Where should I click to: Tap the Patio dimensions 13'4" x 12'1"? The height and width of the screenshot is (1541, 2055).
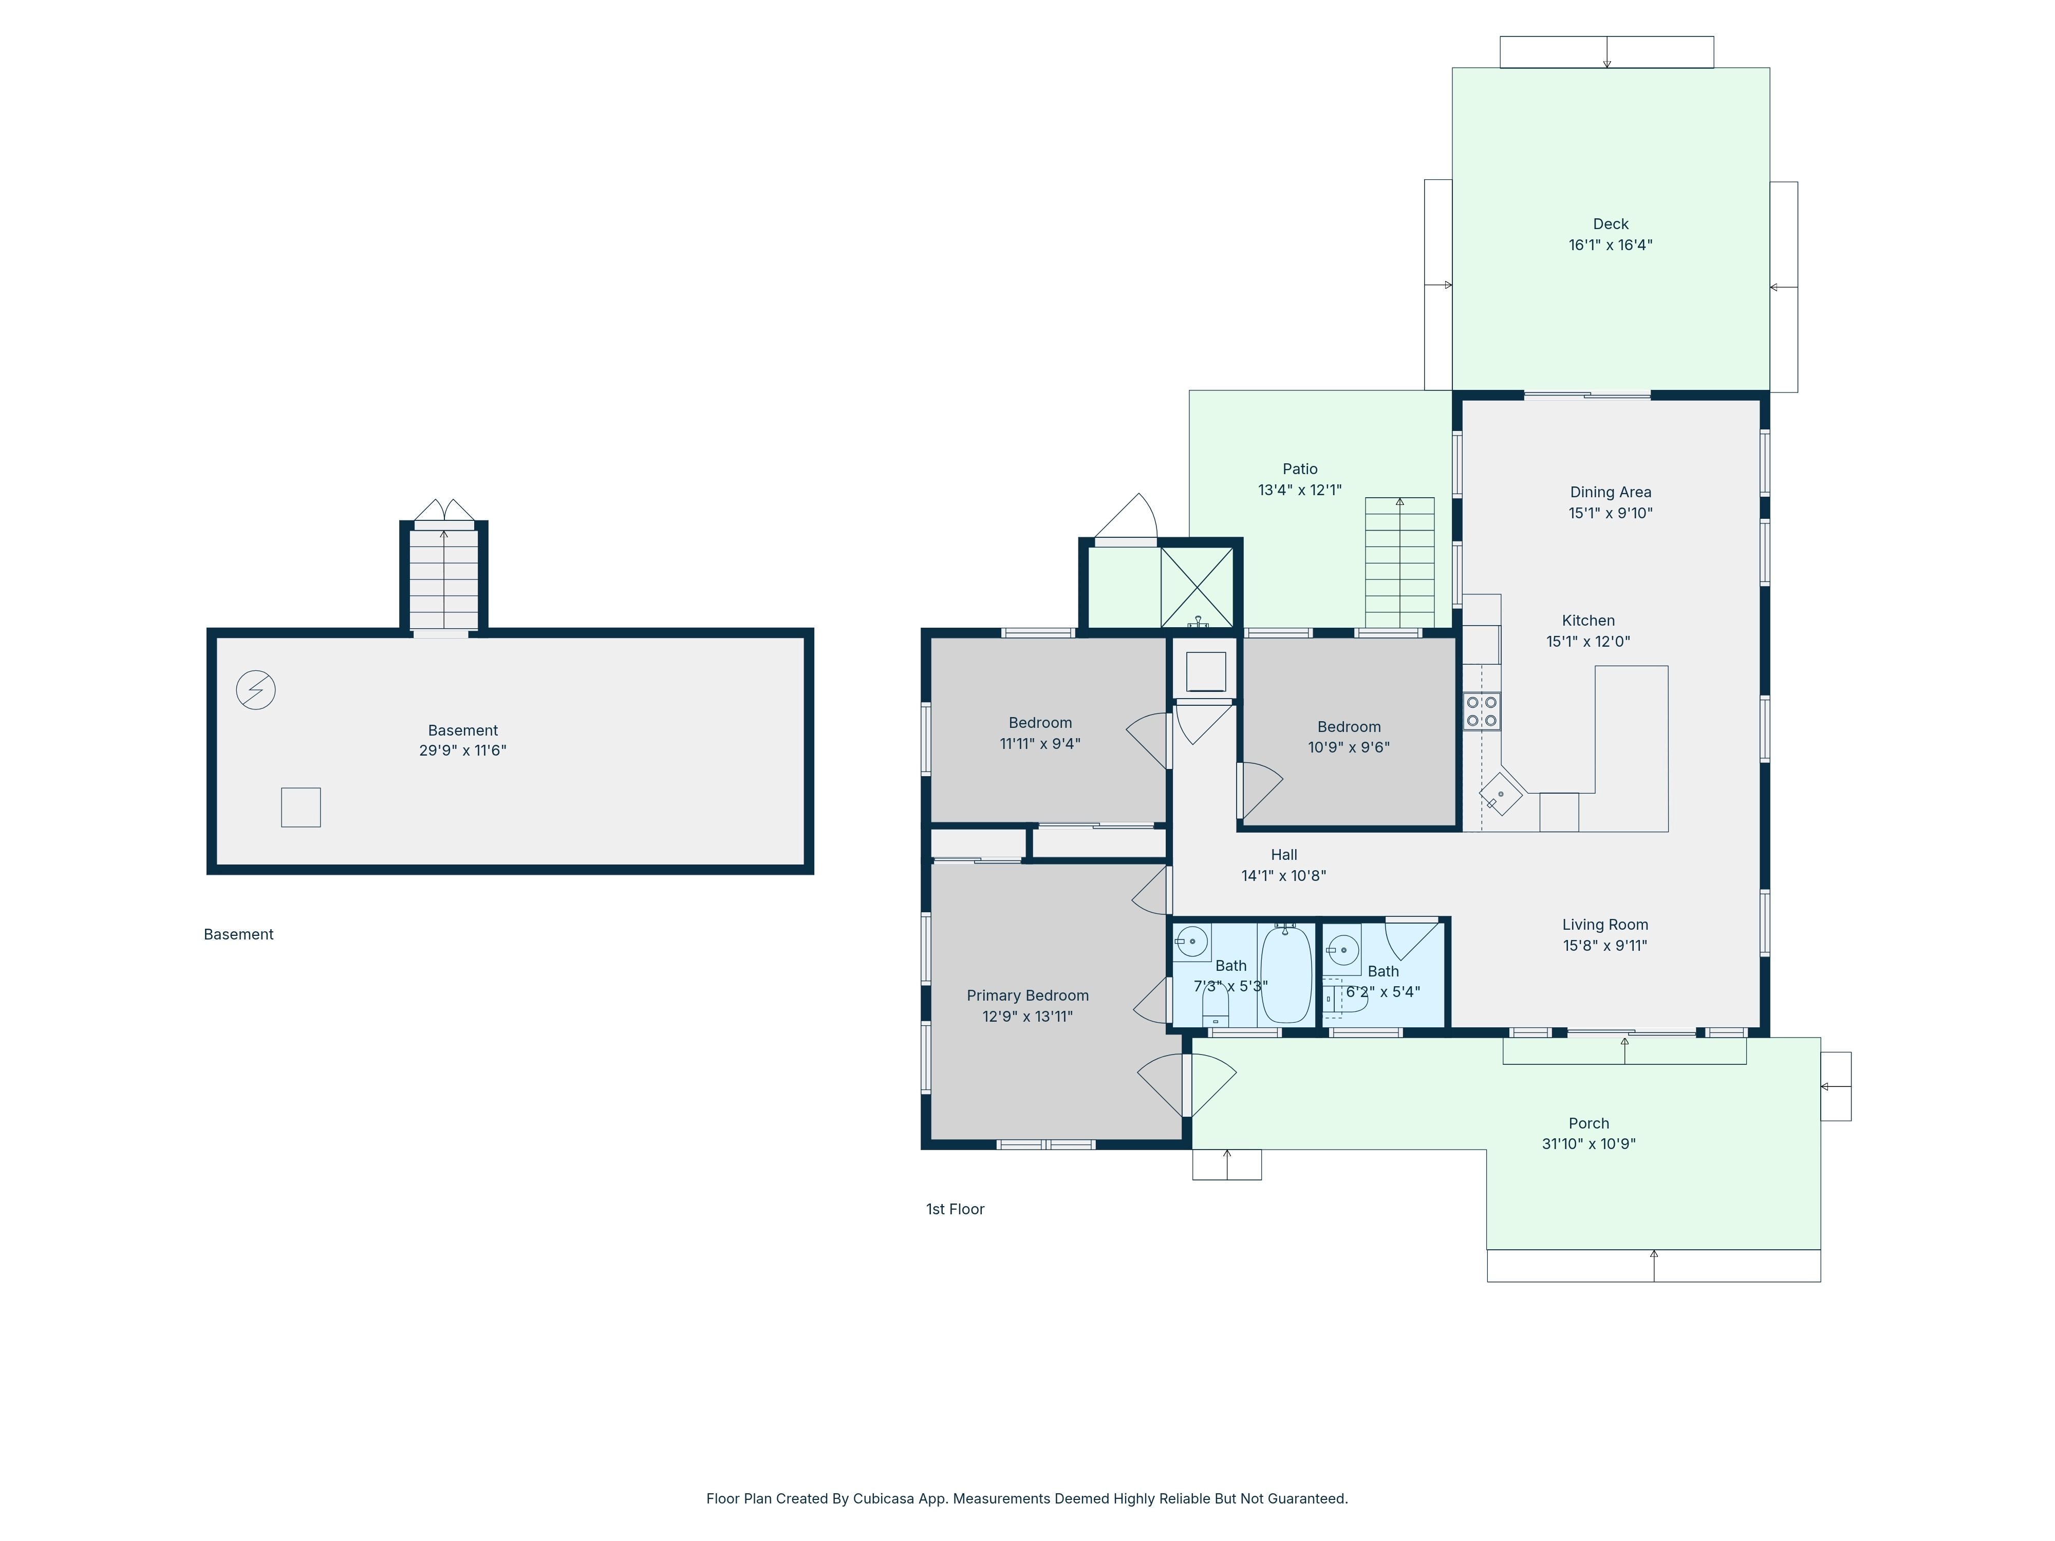(x=1300, y=490)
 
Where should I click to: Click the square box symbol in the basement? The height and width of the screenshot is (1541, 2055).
(x=301, y=807)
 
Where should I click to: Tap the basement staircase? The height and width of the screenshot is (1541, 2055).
(x=444, y=579)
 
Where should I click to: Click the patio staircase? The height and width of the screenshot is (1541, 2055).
(x=1399, y=563)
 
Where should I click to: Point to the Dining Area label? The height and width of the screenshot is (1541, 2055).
(x=1611, y=492)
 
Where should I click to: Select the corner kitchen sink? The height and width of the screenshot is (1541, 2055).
(x=1500, y=794)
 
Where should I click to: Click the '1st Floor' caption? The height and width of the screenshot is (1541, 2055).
(x=955, y=1209)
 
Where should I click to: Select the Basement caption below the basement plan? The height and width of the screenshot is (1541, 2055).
(x=239, y=934)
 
